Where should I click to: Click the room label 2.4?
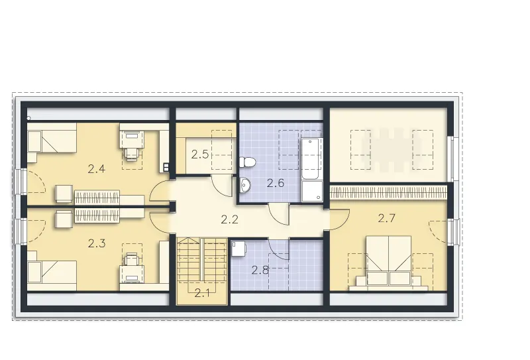pos(97,169)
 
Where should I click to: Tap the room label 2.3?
pos(97,243)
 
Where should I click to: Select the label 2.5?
pos(200,154)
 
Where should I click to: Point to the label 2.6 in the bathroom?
pos(275,184)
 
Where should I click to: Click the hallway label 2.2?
pos(229,220)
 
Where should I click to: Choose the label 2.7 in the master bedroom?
pos(386,218)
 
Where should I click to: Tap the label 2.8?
pos(260,270)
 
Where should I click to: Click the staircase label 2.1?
pos(202,293)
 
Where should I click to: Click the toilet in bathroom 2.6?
pos(246,162)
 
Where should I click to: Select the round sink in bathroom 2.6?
pos(244,185)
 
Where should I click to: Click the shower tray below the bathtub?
pos(311,192)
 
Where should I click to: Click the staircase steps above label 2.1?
pos(202,261)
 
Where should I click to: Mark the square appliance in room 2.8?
pos(239,249)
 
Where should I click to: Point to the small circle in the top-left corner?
pos(28,118)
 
